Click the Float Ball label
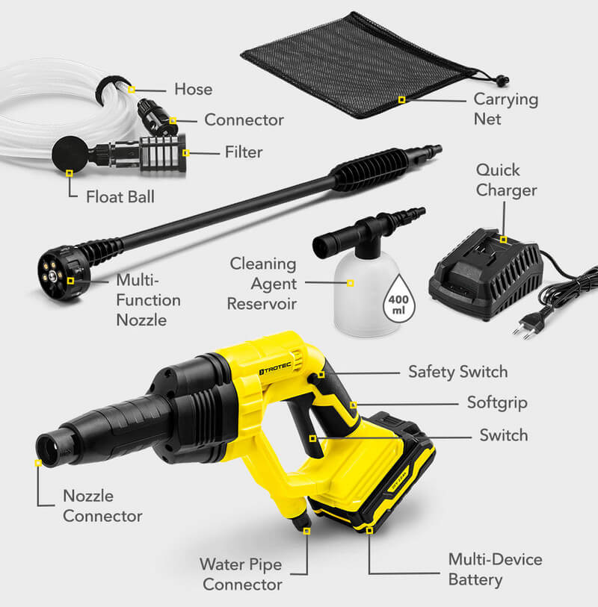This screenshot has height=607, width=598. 120,196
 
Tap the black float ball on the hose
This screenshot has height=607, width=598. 70,154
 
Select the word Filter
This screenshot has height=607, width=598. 244,152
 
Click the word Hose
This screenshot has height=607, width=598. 194,89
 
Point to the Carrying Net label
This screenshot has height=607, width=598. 506,109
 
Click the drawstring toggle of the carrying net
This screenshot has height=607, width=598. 502,81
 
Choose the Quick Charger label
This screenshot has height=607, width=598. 506,180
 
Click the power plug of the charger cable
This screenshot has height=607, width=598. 528,324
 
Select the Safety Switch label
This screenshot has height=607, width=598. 458,372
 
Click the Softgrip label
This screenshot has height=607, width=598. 497,403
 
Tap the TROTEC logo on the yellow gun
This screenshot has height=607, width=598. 275,369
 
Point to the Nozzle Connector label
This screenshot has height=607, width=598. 102,506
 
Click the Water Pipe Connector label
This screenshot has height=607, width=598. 241,574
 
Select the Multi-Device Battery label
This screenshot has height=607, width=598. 495,570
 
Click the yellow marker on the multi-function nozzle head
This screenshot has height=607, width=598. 70,280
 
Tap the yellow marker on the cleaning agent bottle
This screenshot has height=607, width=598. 351,284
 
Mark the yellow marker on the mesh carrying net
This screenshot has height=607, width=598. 402,100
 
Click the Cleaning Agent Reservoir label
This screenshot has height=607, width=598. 262,284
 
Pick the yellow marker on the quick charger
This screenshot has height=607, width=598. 503,240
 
